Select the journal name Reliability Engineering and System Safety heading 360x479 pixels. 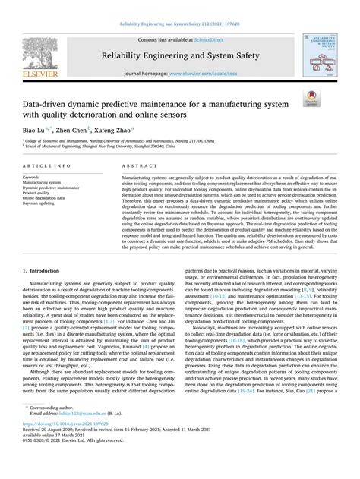tap(179, 55)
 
